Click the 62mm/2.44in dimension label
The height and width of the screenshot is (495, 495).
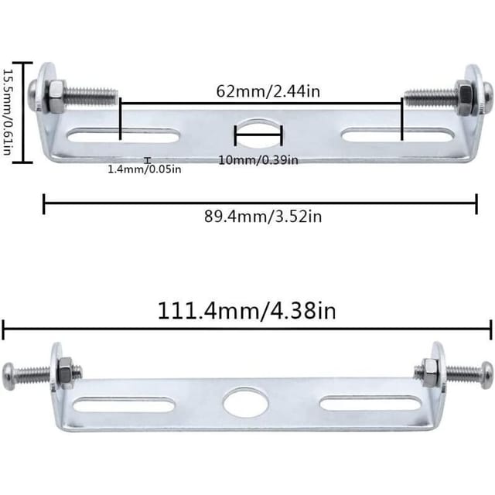268,91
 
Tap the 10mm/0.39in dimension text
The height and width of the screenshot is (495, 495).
258,160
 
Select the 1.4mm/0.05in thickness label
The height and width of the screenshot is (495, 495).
145,169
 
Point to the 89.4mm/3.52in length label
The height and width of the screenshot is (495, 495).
263,217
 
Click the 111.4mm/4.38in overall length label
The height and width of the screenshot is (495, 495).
247,311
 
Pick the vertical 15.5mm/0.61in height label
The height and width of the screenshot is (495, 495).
7,112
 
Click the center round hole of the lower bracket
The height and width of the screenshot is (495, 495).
246,404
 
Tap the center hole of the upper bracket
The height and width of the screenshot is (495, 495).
258,134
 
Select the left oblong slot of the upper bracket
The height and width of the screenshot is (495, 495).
124,136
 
